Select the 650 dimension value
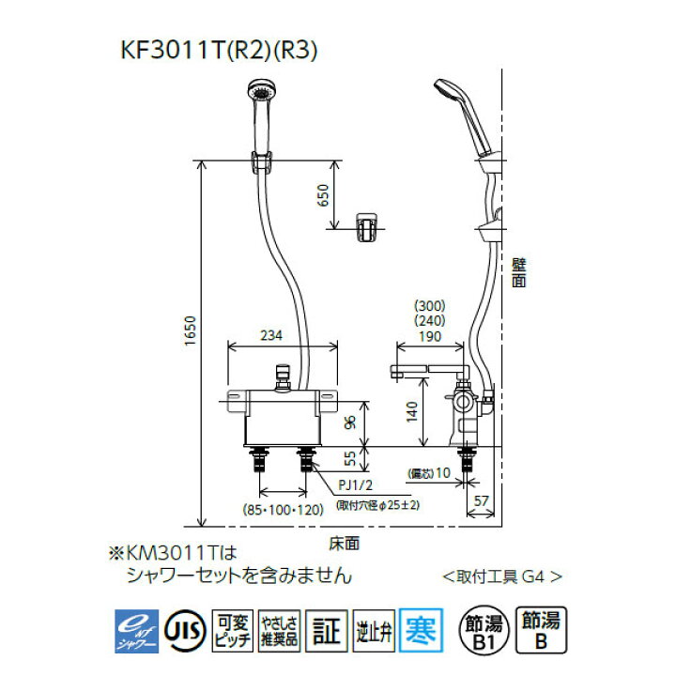click(x=322, y=194)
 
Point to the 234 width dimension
click(x=271, y=334)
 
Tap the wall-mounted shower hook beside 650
click(x=367, y=225)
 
